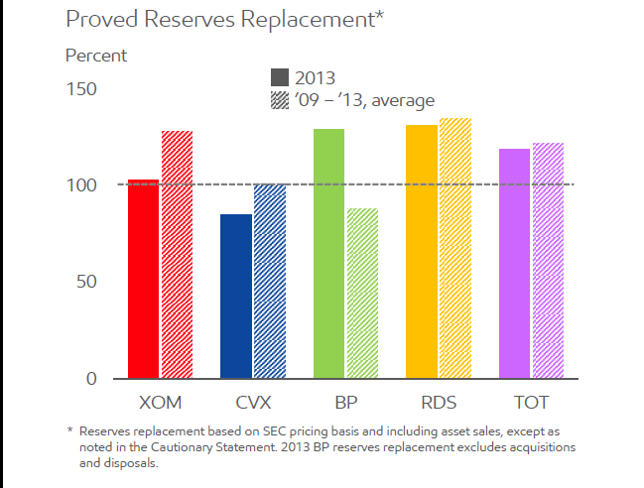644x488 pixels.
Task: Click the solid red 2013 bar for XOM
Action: (143, 280)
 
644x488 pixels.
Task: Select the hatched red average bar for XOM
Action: (177, 255)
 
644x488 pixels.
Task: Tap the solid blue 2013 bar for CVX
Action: (236, 297)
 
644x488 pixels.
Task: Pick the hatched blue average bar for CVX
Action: (270, 282)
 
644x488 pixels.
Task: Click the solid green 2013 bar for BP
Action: (328, 254)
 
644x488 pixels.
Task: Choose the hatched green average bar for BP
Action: (362, 294)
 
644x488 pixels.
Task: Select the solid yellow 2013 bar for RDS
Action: (422, 252)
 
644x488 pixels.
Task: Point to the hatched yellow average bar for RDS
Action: (455, 249)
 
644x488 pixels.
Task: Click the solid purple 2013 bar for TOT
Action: (515, 264)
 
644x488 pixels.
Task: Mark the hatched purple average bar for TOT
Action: (548, 261)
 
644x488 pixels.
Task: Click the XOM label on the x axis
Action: (159, 402)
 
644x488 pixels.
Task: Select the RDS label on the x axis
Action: (439, 402)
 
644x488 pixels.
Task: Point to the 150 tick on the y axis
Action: (81, 90)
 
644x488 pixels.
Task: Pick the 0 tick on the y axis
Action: (91, 379)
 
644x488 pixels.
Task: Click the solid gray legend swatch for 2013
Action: (280, 77)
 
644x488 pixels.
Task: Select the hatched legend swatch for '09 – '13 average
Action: (280, 100)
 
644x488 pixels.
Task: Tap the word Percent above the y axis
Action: (96, 56)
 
